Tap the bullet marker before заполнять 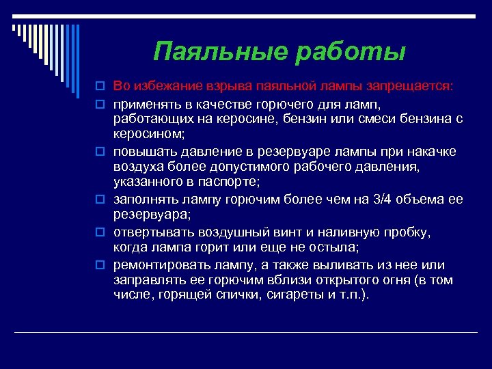[x=100, y=200]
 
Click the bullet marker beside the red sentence [x=100, y=87]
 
